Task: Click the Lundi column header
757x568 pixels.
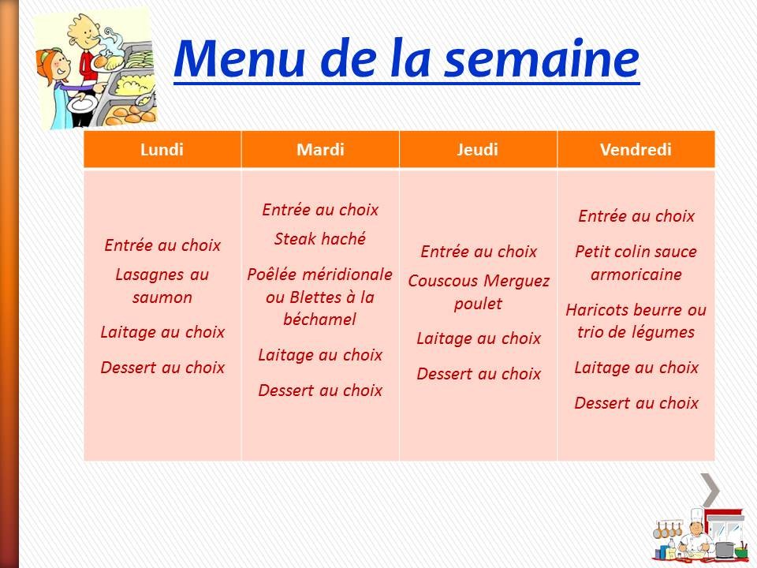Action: [x=162, y=150]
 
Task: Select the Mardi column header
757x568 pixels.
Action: [x=320, y=150]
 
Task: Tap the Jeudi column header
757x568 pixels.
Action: [x=478, y=150]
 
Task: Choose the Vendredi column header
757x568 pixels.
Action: [x=636, y=150]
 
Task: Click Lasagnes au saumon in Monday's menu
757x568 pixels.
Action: [x=162, y=286]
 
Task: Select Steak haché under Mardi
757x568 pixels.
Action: [x=320, y=239]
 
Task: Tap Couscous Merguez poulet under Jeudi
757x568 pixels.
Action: [x=478, y=292]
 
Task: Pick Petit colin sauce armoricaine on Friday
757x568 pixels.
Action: [x=636, y=263]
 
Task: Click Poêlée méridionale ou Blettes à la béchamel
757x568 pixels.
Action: [x=320, y=297]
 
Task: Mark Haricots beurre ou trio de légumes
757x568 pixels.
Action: [x=636, y=320]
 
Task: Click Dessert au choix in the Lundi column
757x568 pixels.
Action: [x=162, y=367]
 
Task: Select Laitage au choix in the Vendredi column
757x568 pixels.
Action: [x=636, y=367]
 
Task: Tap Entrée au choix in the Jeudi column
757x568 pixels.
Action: [x=478, y=252]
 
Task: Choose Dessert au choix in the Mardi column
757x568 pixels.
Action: [x=320, y=390]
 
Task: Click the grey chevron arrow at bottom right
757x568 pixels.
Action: [x=710, y=490]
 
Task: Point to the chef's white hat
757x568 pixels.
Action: [x=695, y=514]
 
